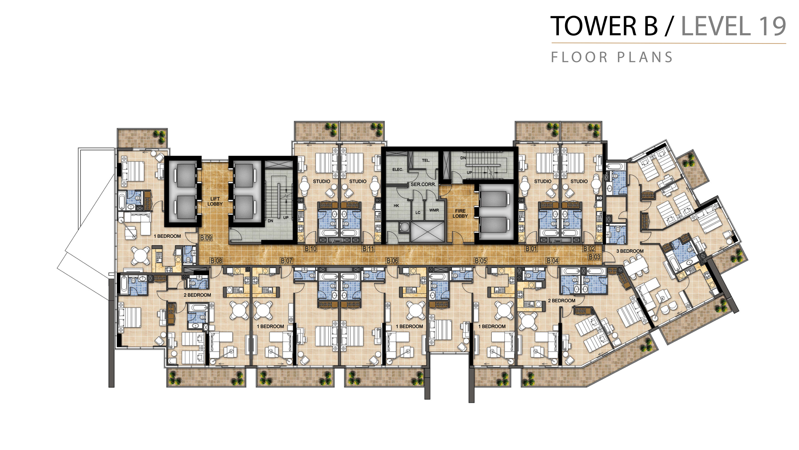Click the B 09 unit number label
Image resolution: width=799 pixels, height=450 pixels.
[206, 238]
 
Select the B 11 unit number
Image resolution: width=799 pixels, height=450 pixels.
[369, 249]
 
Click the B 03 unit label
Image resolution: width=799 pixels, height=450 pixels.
[595, 257]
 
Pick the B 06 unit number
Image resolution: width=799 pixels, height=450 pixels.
[392, 261]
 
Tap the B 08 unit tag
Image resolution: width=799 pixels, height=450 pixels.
[216, 261]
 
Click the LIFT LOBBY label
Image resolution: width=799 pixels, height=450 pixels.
[215, 201]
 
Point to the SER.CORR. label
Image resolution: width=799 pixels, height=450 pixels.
[423, 184]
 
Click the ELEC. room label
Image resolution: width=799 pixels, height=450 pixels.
[398, 170]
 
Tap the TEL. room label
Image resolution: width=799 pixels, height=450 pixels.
[426, 160]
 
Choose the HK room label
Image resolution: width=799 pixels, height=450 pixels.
[396, 206]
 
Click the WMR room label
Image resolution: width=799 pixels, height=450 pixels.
[434, 210]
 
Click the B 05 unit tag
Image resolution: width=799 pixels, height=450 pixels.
[481, 261]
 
